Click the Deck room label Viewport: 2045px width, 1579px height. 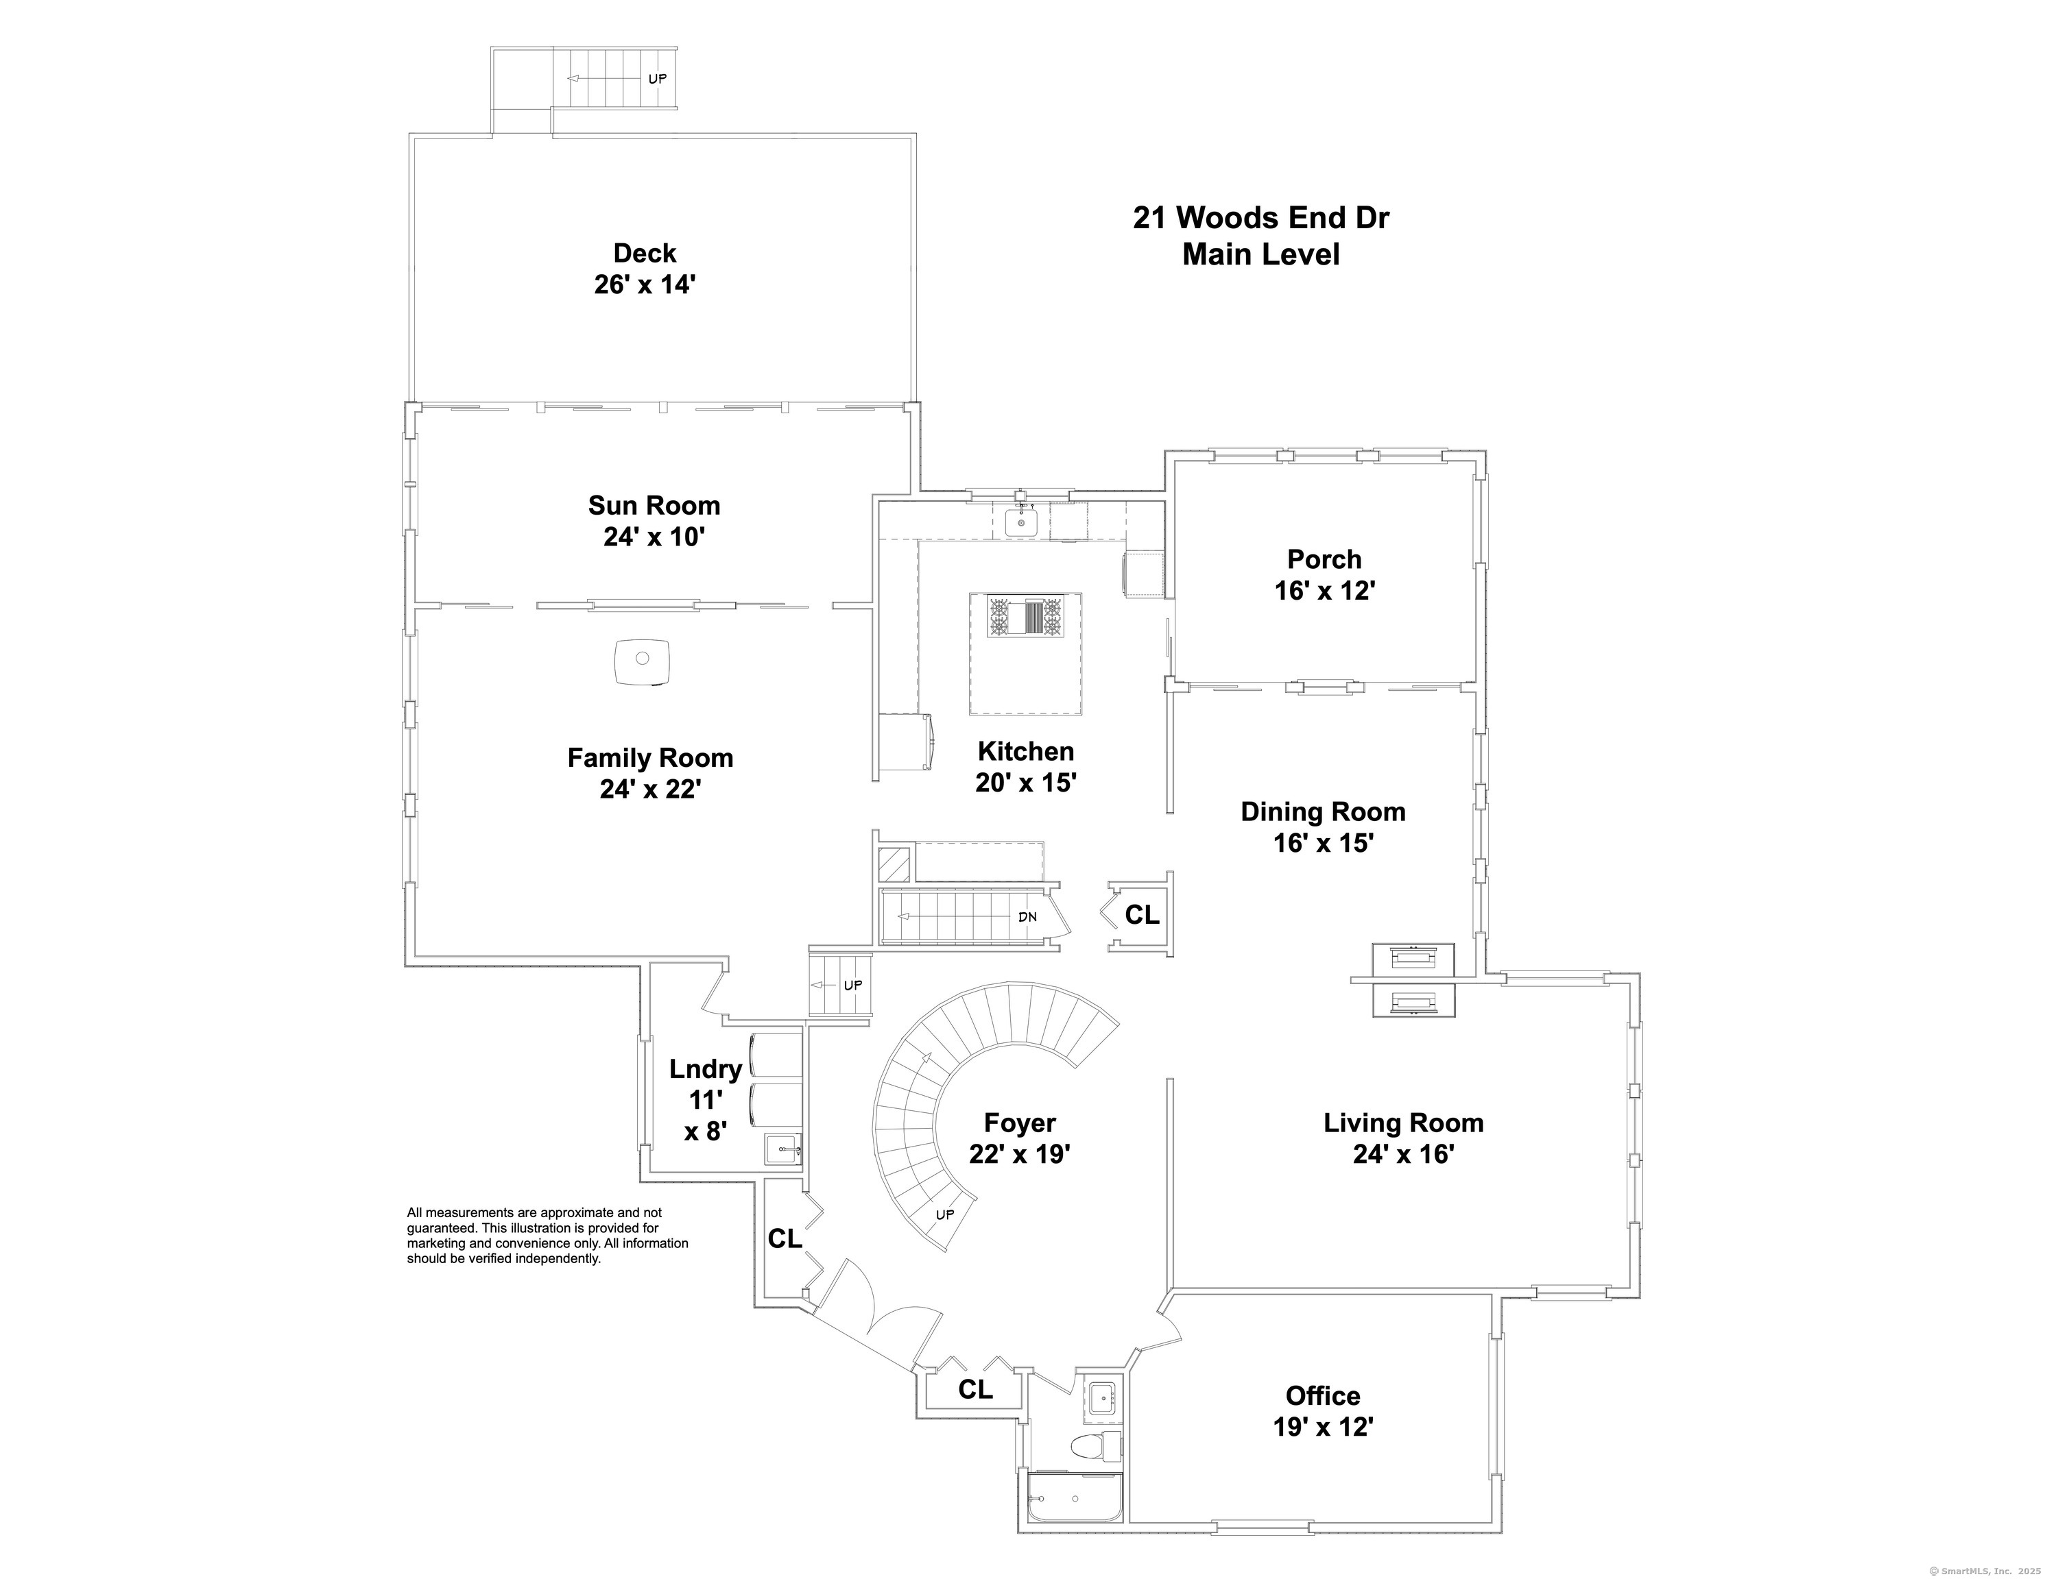(x=644, y=254)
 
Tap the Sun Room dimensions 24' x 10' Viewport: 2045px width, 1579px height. (x=654, y=537)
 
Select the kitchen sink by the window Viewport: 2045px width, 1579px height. (x=1022, y=522)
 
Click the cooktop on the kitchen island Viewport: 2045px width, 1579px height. (x=1025, y=617)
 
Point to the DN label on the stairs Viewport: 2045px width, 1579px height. (x=1027, y=916)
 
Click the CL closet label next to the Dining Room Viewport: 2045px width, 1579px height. (x=1141, y=914)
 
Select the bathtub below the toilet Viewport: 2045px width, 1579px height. (x=1074, y=1500)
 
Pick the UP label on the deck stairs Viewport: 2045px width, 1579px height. (x=657, y=79)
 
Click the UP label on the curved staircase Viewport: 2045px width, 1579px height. (x=945, y=1215)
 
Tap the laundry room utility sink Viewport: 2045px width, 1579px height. (x=782, y=1149)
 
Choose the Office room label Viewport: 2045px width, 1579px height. (x=1322, y=1395)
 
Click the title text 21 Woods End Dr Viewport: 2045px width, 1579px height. (x=1260, y=217)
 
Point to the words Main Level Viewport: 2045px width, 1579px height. (x=1260, y=254)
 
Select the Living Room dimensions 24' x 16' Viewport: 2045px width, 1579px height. (x=1402, y=1154)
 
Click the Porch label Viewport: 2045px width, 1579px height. (x=1324, y=559)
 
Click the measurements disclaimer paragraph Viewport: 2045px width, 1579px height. (x=547, y=1236)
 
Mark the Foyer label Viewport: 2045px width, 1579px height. (x=1019, y=1123)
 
